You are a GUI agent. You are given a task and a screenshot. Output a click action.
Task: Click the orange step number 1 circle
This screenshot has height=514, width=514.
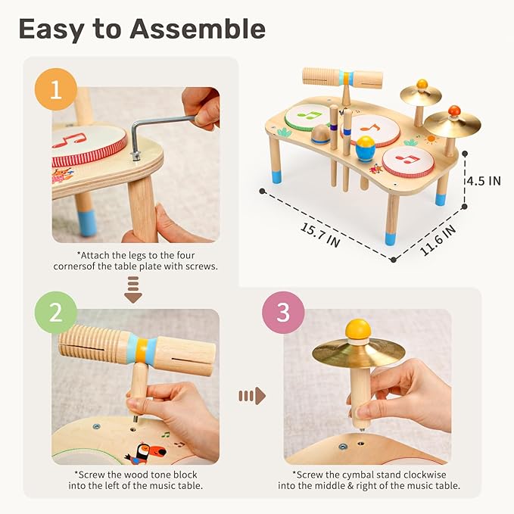click(x=54, y=91)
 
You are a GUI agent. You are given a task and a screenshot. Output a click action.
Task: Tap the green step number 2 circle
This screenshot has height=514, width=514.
click(x=54, y=313)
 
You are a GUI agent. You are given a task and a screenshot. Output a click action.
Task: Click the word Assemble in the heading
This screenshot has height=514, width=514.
click(x=198, y=29)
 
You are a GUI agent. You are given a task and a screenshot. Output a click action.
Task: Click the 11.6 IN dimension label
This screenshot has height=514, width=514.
click(x=438, y=239)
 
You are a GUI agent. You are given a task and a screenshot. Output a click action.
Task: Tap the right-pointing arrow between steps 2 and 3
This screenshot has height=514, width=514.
click(x=252, y=395)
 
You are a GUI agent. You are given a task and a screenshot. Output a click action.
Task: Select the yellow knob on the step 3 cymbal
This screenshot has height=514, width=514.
click(x=358, y=329)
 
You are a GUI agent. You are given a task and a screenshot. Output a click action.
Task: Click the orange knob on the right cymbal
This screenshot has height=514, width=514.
click(x=453, y=111)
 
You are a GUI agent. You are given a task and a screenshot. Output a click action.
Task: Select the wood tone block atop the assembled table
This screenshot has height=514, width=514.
click(x=341, y=78)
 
